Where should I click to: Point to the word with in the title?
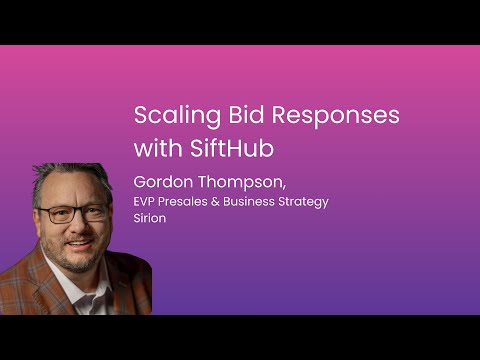[x=157, y=148]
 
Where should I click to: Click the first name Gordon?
[x=161, y=183]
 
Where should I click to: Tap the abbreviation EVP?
[x=146, y=202]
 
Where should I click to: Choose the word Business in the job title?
[x=257, y=202]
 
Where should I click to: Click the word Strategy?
[x=307, y=202]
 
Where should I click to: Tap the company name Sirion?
[x=150, y=218]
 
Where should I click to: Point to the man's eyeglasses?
[x=72, y=213]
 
